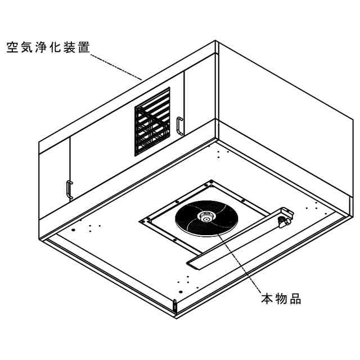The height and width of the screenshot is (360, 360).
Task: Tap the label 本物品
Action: click(x=281, y=299)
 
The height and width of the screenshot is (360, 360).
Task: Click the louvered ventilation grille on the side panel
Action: click(x=152, y=121)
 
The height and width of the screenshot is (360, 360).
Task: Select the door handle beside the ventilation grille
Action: click(x=179, y=125)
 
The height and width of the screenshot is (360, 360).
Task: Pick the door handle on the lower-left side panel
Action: click(x=69, y=190)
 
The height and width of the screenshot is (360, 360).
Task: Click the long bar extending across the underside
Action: click(x=236, y=242)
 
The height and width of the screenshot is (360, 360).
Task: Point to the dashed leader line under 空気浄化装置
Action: click(x=115, y=65)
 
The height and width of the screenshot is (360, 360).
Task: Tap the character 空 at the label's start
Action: click(x=12, y=46)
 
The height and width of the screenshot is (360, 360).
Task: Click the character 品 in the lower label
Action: click(x=295, y=299)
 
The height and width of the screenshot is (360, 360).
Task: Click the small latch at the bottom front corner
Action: click(x=175, y=307)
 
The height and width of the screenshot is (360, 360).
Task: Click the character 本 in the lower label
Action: click(x=267, y=299)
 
